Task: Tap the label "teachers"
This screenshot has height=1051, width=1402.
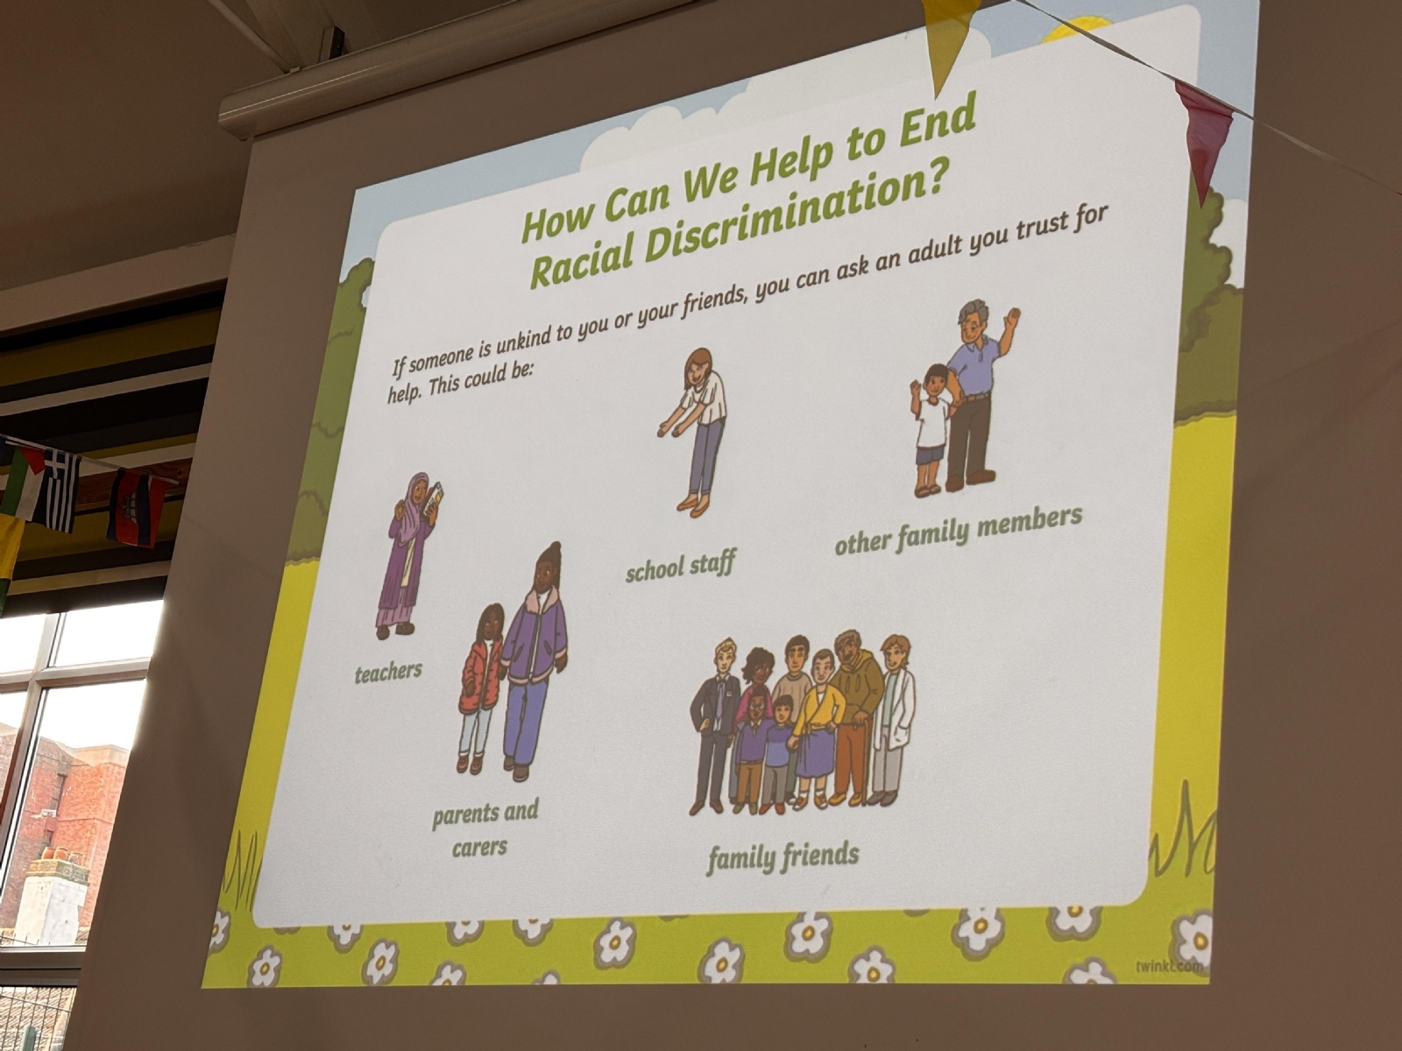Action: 388,672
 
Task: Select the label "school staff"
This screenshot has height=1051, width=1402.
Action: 680,566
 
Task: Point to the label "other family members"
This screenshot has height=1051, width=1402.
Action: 959,531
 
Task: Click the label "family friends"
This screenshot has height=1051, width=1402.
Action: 783,856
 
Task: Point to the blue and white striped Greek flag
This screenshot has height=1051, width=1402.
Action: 61,488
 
